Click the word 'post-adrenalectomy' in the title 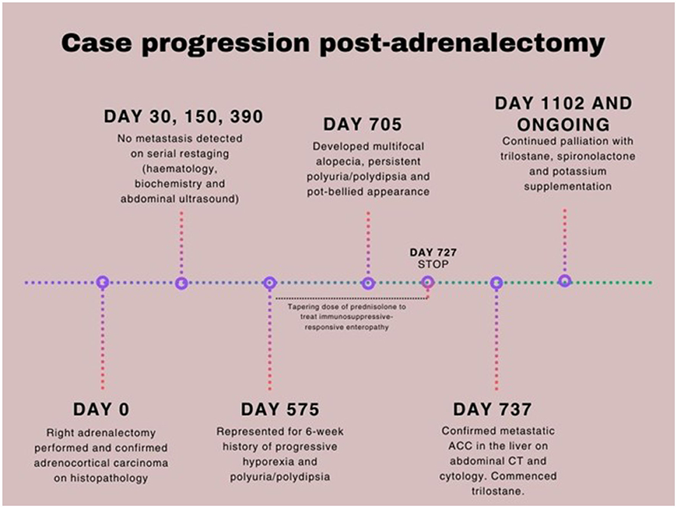(462, 43)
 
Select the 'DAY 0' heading (101, 410)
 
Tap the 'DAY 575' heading (280, 410)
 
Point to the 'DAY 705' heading (363, 125)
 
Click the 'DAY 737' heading (492, 410)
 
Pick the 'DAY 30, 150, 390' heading (183, 117)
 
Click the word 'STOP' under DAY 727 (433, 264)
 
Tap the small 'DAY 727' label (433, 252)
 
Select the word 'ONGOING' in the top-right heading (564, 125)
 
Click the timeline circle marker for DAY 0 (102, 283)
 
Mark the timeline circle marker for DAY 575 (270, 283)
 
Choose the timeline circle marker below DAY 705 (368, 283)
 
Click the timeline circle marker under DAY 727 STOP (428, 282)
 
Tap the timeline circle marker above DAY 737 (496, 283)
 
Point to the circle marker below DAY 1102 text (565, 281)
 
